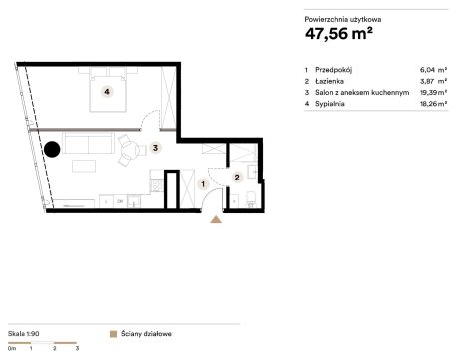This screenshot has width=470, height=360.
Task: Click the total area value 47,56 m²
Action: tap(339, 33)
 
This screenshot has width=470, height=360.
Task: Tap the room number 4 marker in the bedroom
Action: tap(107, 91)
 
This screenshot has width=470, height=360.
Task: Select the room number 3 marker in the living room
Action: tap(155, 147)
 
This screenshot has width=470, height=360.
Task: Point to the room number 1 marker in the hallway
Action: tap(203, 183)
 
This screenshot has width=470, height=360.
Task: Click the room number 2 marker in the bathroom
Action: tap(237, 178)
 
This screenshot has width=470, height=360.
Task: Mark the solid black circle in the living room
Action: tap(52, 149)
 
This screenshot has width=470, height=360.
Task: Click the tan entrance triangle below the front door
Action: tap(216, 219)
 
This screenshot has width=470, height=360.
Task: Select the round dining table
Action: tap(130, 150)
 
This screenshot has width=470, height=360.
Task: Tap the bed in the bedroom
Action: tap(108, 89)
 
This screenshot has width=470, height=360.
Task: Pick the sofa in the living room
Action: tap(89, 143)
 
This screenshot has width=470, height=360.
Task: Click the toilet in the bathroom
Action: tap(250, 200)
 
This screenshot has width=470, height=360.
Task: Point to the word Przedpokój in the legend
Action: tap(333, 70)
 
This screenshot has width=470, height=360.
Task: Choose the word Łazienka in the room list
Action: tap(329, 81)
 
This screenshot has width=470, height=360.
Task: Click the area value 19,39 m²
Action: tap(433, 92)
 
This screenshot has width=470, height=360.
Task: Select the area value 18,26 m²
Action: tap(433, 104)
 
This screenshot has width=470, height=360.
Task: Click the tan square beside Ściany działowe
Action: tap(113, 334)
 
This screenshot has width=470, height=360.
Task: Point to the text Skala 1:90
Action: tap(24, 333)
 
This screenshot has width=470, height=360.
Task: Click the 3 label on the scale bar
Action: tap(77, 348)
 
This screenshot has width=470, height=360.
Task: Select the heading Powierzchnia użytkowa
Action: tap(343, 19)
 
